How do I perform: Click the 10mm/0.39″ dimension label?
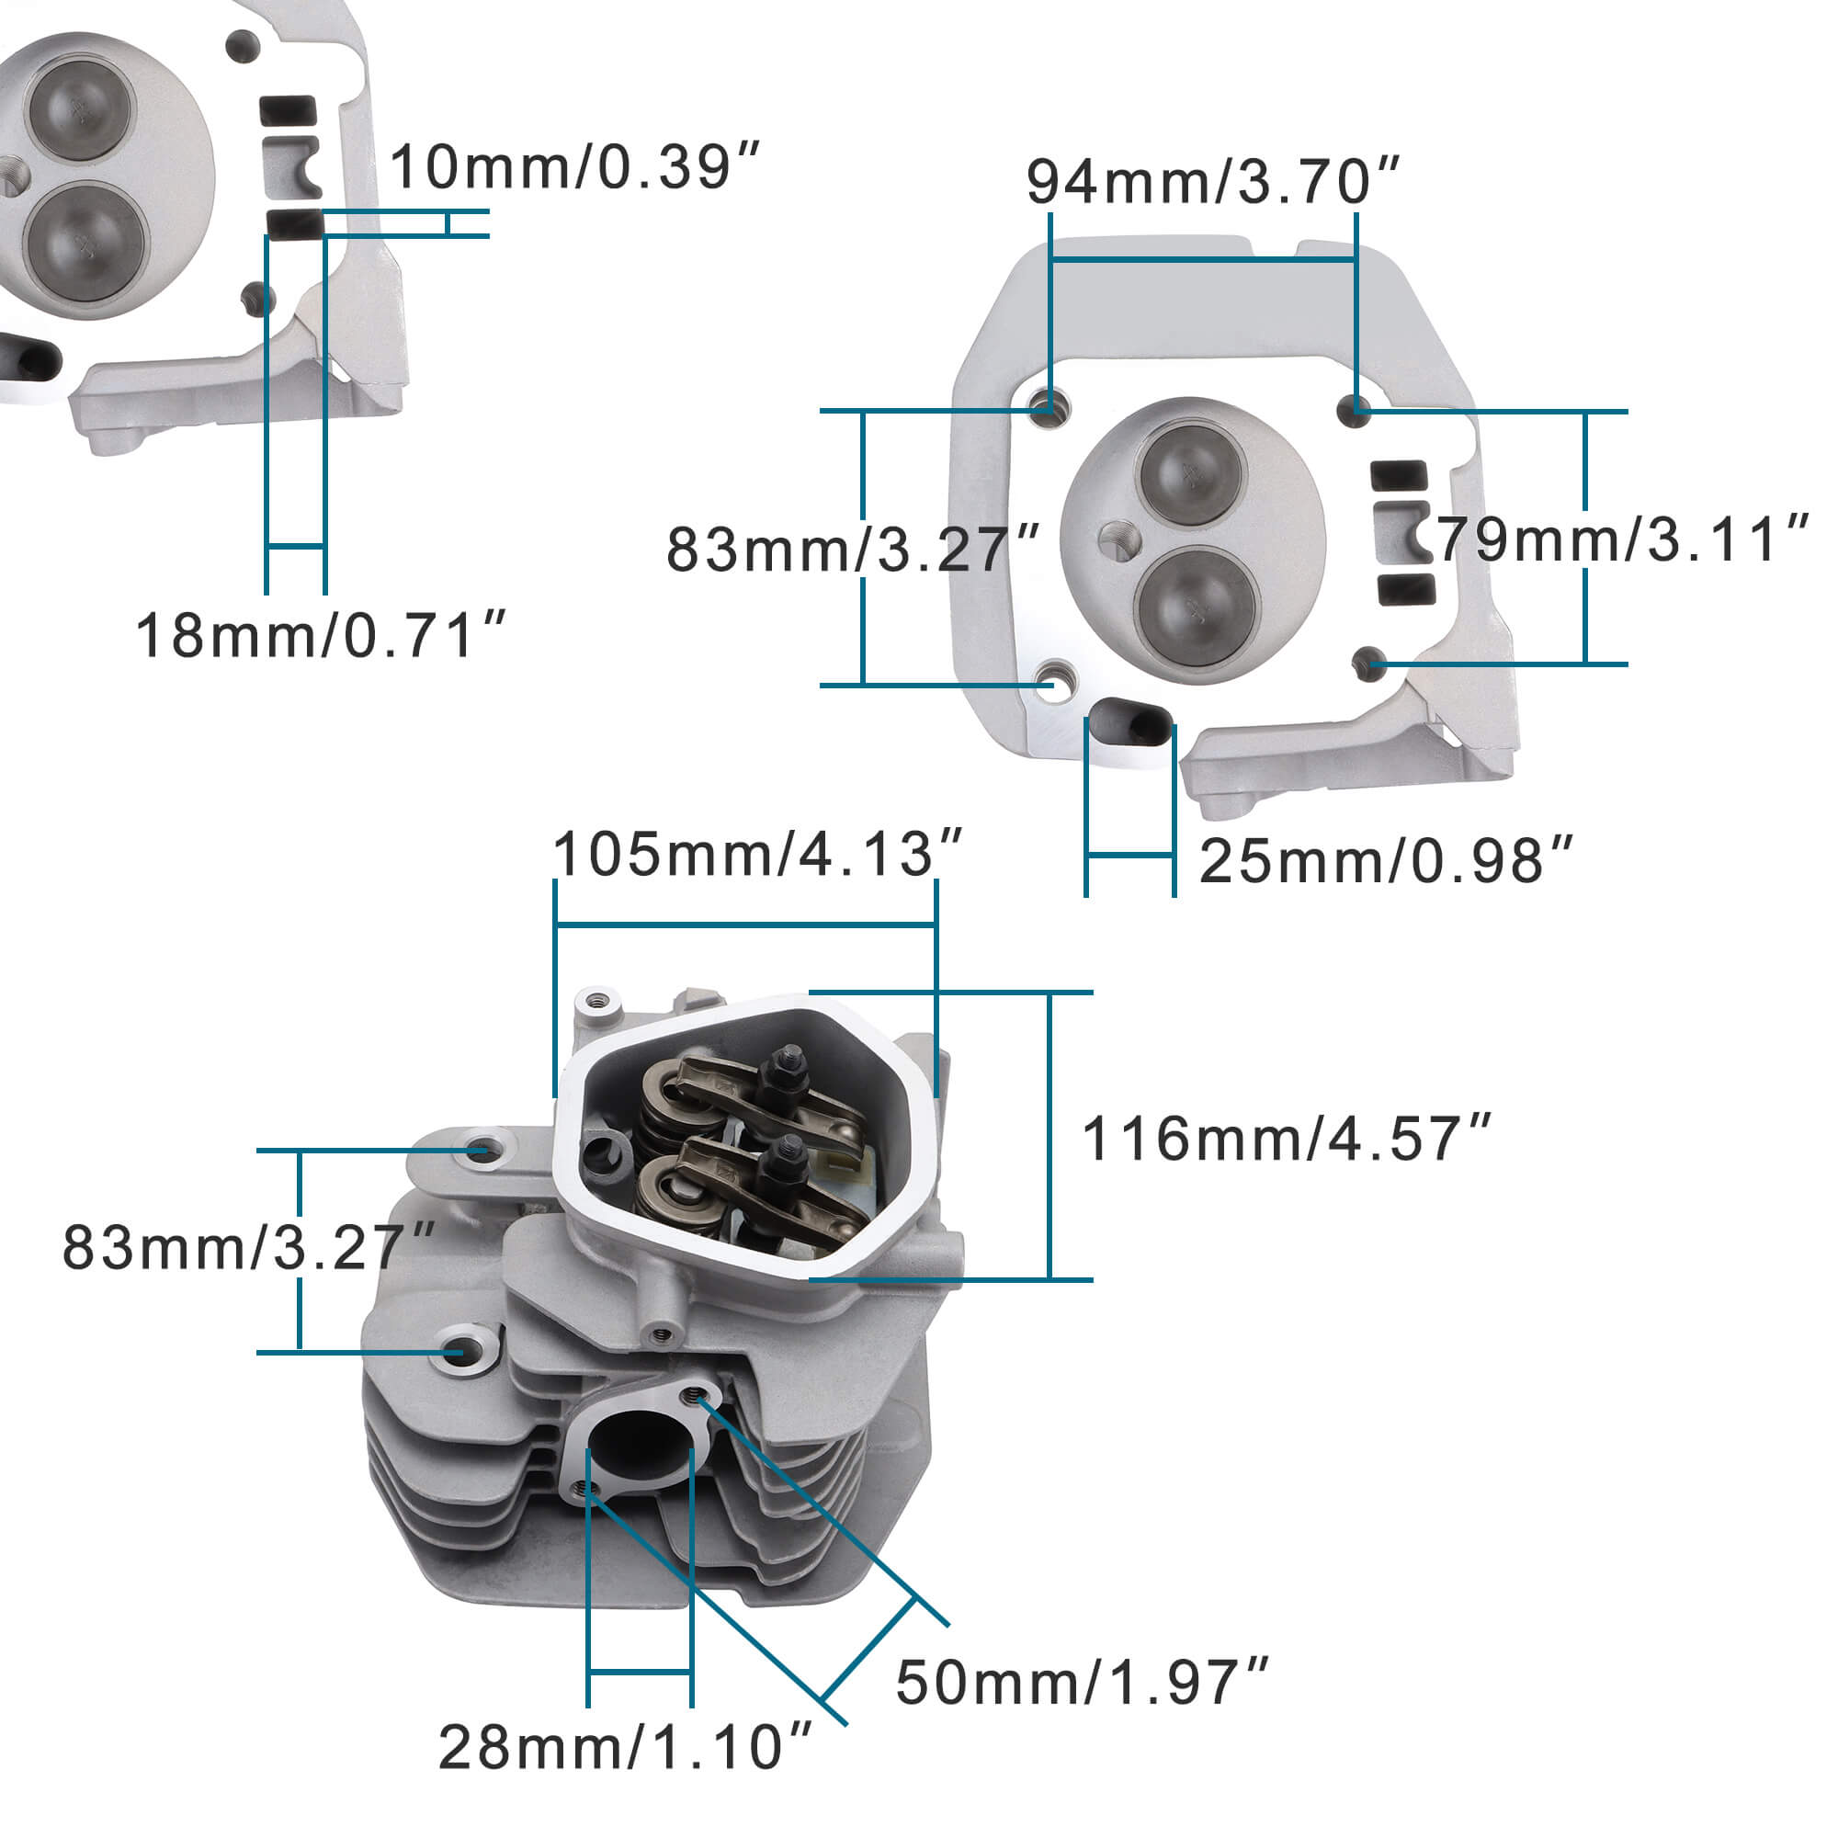(x=574, y=166)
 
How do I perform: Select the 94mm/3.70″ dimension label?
(x=1213, y=181)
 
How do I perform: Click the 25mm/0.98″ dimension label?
(x=1386, y=861)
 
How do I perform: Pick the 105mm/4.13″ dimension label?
(x=758, y=854)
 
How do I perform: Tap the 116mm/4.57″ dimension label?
(x=1288, y=1138)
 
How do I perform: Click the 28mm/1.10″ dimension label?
(x=625, y=1748)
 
